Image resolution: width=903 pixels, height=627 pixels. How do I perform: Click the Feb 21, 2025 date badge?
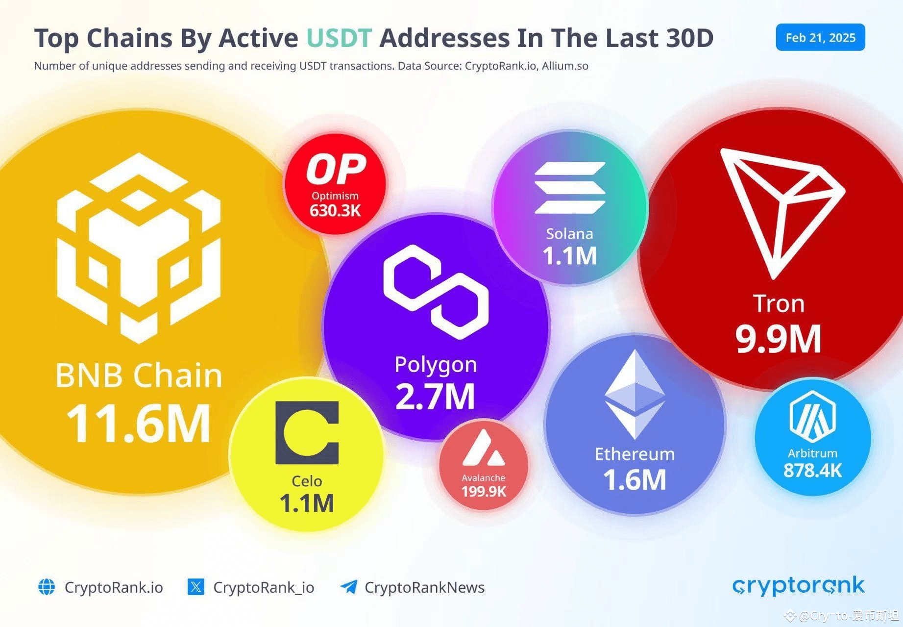pyautogui.click(x=820, y=38)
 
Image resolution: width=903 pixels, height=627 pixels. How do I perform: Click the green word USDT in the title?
pyautogui.click(x=339, y=38)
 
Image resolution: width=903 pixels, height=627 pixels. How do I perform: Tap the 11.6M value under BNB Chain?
pyautogui.click(x=138, y=423)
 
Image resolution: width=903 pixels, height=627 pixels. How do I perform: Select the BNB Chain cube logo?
pyautogui.click(x=139, y=248)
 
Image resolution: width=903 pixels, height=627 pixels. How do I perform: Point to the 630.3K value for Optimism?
pyautogui.click(x=335, y=211)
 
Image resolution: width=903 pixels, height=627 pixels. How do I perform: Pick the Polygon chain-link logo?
pyautogui.click(x=436, y=292)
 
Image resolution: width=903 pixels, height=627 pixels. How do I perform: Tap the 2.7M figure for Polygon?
pyautogui.click(x=435, y=397)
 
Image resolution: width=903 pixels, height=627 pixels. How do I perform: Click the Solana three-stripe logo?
pyautogui.click(x=570, y=188)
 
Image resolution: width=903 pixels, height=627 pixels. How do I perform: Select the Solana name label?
pyautogui.click(x=569, y=234)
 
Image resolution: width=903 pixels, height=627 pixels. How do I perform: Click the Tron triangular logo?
pyautogui.click(x=779, y=211)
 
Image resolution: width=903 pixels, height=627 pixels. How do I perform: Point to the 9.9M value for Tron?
pyautogui.click(x=778, y=339)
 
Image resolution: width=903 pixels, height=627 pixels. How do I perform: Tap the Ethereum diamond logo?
pyautogui.click(x=635, y=395)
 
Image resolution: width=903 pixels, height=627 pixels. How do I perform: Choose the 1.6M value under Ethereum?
pyautogui.click(x=635, y=480)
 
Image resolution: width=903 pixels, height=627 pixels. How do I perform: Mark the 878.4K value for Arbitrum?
pyautogui.click(x=812, y=471)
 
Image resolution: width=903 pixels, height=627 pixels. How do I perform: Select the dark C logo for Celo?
pyautogui.click(x=307, y=433)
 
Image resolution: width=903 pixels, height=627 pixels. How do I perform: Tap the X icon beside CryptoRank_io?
pyautogui.click(x=196, y=587)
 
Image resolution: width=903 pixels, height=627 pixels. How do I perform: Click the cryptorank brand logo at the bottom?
pyautogui.click(x=799, y=586)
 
